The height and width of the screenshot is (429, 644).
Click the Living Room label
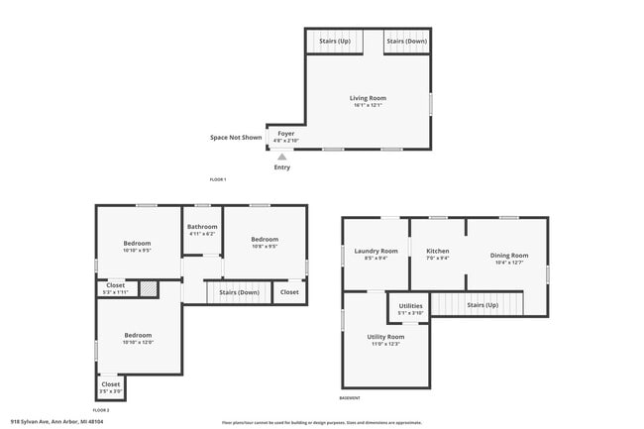coord(368,99)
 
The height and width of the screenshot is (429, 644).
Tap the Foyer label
coord(285,134)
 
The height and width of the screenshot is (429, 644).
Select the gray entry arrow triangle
coord(282,157)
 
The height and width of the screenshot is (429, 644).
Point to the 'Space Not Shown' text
coord(236,138)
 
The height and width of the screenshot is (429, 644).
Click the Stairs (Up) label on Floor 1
coord(334,42)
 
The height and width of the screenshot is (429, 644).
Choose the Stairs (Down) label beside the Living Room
coord(406,42)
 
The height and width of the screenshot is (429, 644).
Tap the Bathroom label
coord(202,227)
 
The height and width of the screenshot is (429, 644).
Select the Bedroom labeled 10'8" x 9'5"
coord(265,240)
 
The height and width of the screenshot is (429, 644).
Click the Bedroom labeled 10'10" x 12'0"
coord(138,336)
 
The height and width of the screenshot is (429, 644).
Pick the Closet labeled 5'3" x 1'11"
coord(115,287)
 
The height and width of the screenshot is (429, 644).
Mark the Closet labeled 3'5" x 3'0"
coord(111,384)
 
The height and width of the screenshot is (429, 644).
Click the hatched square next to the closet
coord(148,288)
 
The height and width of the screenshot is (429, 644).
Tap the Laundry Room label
coord(376,252)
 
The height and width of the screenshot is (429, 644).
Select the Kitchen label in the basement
coord(438,252)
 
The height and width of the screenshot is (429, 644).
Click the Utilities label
coord(410,306)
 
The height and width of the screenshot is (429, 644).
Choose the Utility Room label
coord(386,338)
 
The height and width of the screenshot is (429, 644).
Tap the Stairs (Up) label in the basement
coord(483,305)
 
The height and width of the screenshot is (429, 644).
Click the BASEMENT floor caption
coord(350,398)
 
